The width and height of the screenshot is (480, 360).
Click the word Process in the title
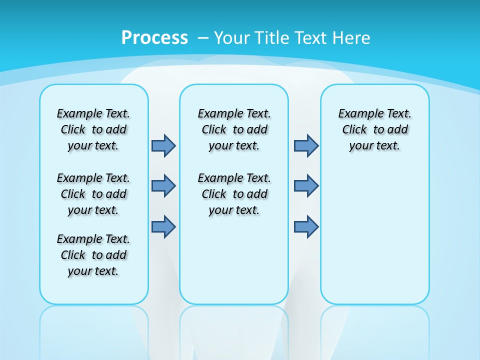(x=154, y=38)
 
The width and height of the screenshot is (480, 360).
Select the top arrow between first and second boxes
(x=163, y=145)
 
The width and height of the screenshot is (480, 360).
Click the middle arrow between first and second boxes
(x=163, y=186)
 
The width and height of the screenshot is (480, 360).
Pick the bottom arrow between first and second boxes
(x=163, y=226)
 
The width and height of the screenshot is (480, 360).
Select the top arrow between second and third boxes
(x=306, y=145)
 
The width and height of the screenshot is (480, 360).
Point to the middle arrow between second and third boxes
(x=306, y=186)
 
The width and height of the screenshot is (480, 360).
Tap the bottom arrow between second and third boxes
(x=306, y=226)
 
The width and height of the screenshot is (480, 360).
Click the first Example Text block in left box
(x=93, y=129)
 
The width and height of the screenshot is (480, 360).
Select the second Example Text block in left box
(x=93, y=194)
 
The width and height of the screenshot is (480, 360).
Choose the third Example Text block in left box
(x=93, y=255)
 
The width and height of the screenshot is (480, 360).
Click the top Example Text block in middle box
(x=234, y=129)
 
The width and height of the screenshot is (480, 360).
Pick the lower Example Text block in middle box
(x=234, y=194)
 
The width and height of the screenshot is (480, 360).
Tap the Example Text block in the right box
(x=375, y=129)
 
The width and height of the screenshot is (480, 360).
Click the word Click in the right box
(x=354, y=130)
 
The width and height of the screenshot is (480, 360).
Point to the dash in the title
(x=203, y=38)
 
